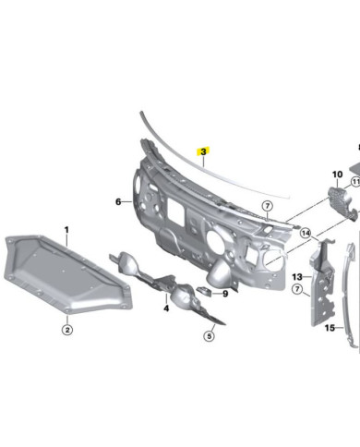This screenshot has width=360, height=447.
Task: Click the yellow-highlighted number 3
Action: point(203,151)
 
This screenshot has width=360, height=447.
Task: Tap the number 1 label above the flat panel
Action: point(66,230)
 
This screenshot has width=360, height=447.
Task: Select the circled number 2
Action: point(67,330)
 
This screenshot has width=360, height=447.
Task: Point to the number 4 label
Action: point(166,308)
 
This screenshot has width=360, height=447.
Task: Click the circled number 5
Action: point(210,336)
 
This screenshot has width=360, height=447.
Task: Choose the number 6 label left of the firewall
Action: point(118,202)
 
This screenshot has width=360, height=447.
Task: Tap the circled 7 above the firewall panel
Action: point(267,206)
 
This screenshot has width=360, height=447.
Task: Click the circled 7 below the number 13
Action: point(297,289)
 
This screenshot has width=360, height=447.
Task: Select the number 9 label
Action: point(225,294)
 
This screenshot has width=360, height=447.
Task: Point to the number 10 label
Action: point(337,175)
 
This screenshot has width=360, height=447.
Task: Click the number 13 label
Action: point(297,277)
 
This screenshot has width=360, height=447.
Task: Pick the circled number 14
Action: point(306,233)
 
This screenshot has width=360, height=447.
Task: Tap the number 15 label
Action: point(330,328)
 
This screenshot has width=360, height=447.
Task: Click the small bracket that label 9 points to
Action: point(204,290)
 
